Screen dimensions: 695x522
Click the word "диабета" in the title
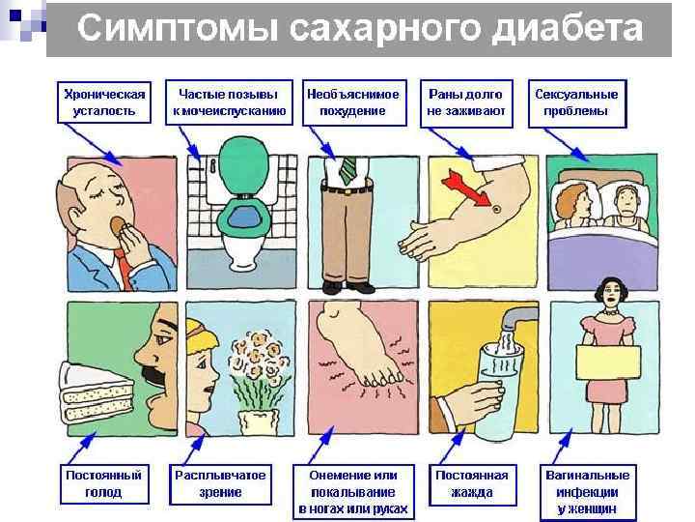click(568, 28)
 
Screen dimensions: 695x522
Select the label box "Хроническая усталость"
click(103, 102)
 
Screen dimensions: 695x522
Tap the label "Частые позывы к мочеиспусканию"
click(229, 102)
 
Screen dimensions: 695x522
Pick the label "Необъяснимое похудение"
click(354, 102)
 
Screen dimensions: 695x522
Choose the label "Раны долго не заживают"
click(466, 103)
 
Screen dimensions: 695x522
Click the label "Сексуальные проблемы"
click(577, 103)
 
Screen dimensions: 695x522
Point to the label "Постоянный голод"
click(104, 484)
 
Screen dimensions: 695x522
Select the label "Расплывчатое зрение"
click(220, 484)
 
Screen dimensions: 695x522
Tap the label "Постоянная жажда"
click(472, 484)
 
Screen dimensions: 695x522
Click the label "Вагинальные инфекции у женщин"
click(588, 492)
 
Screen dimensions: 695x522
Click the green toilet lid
click(243, 165)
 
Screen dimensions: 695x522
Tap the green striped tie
click(348, 170)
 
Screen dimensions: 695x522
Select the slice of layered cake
click(97, 392)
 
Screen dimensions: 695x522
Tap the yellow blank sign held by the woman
click(608, 362)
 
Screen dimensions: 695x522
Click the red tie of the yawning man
click(125, 269)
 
